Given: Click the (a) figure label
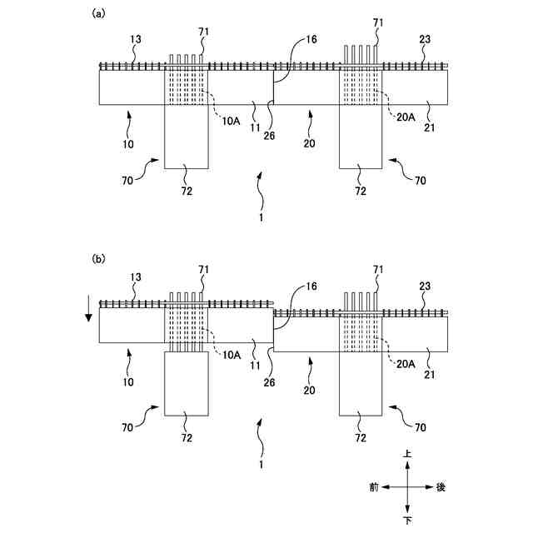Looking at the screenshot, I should click(x=97, y=13).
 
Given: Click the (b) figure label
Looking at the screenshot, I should click(x=97, y=260).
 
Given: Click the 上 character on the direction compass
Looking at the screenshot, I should click(x=407, y=455).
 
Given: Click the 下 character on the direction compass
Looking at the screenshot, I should click(x=407, y=521).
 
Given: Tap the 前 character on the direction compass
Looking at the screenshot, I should click(x=375, y=487).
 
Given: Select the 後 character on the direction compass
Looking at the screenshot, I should click(x=441, y=487).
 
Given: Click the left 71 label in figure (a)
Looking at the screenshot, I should click(x=203, y=31).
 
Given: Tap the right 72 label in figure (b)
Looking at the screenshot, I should click(x=360, y=436).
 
